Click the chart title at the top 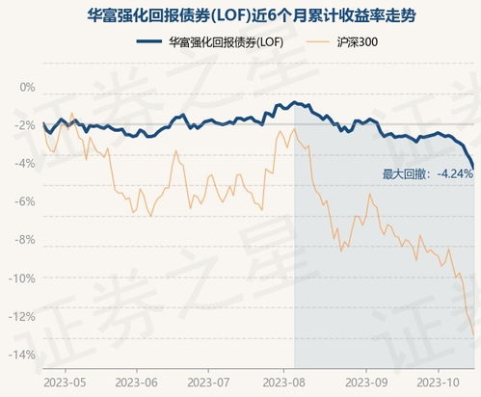[240, 13]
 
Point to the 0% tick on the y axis [26, 87]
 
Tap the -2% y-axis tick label [25, 125]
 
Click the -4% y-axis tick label [25, 164]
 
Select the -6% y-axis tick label [25, 201]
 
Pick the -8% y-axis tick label [25, 240]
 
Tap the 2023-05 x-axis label [63, 380]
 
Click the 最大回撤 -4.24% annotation [428, 174]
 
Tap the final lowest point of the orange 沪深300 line [473, 336]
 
